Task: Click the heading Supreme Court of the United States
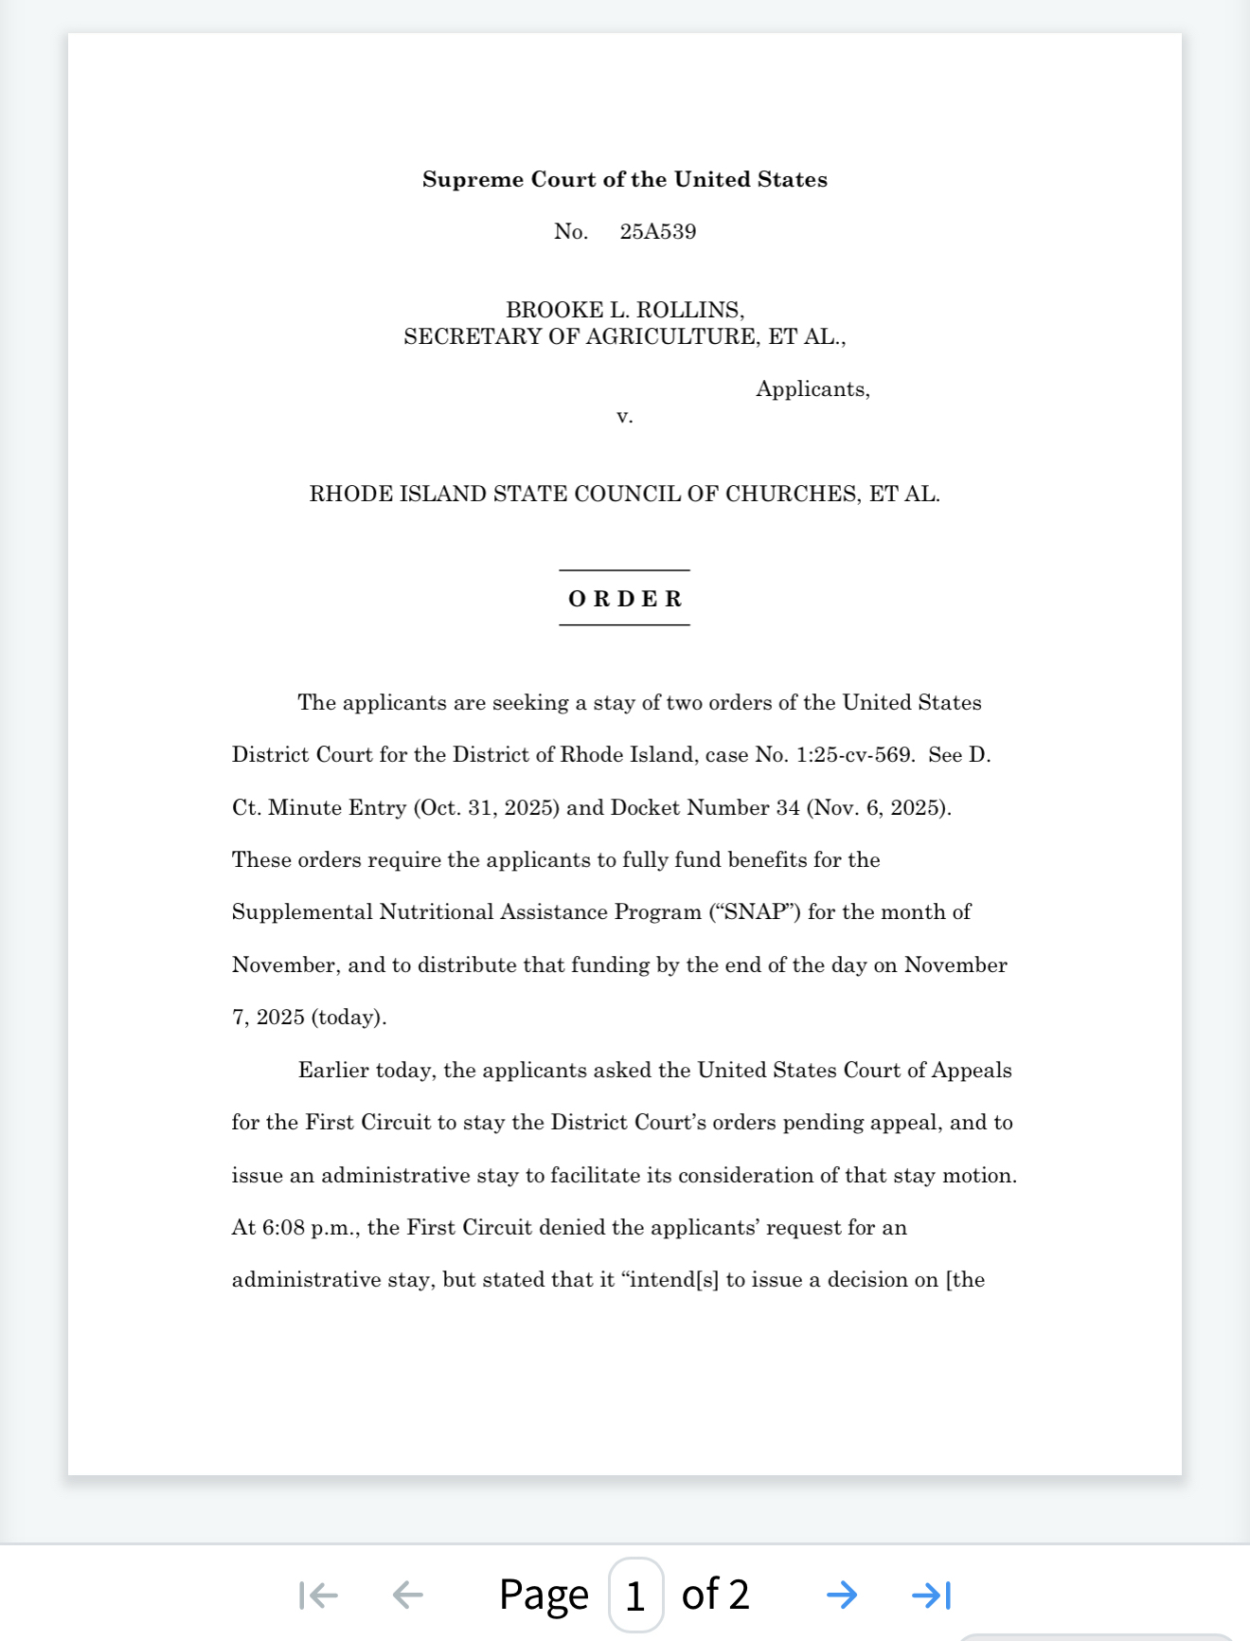click(624, 179)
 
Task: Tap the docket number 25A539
click(657, 232)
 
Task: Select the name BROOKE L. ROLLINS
click(624, 310)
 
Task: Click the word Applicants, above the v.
click(812, 389)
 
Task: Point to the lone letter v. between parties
click(624, 416)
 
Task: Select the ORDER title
click(624, 599)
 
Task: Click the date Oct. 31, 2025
click(485, 808)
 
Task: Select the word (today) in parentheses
click(348, 1018)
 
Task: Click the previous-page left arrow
click(407, 1595)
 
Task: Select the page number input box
click(634, 1595)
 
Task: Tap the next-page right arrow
click(841, 1595)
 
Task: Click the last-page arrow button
click(931, 1595)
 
